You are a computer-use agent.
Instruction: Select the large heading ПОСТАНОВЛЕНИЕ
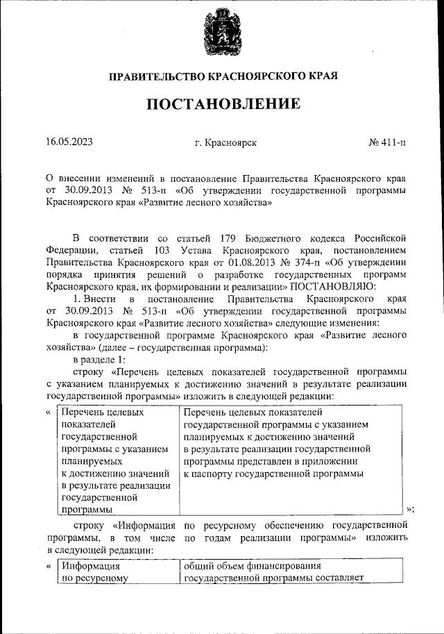tap(222, 104)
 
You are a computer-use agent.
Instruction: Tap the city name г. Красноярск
tap(226, 142)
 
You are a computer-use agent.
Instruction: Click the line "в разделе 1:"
tap(101, 359)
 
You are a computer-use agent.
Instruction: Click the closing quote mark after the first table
tap(410, 509)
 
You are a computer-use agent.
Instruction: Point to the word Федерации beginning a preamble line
tap(71, 252)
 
